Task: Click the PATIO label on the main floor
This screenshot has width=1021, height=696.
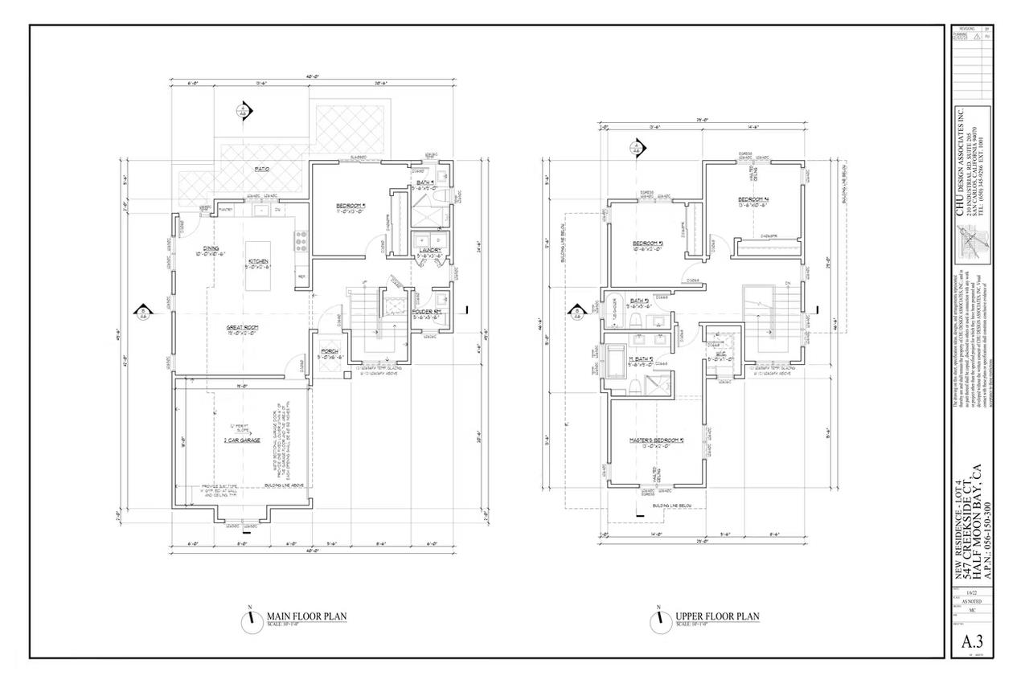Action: click(262, 170)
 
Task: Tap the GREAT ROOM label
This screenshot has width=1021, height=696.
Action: click(240, 327)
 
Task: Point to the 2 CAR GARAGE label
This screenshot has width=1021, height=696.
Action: click(242, 441)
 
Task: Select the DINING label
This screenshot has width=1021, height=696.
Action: click(211, 248)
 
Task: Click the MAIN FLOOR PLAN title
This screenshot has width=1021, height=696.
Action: click(306, 616)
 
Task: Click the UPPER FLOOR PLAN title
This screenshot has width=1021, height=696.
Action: click(717, 616)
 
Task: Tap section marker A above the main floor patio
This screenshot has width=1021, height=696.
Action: click(244, 110)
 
